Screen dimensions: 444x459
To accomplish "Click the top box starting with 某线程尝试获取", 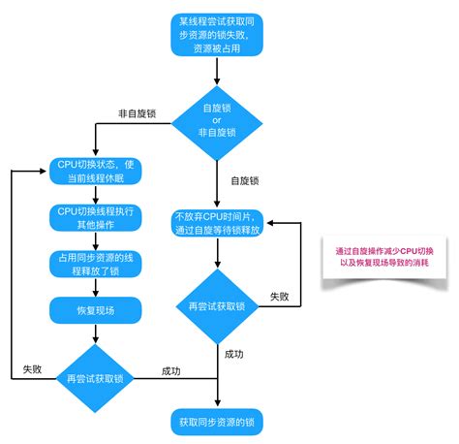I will (x=218, y=33).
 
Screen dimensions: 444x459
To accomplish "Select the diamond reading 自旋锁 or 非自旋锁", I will (x=218, y=119).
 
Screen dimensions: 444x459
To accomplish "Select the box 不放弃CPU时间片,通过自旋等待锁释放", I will (x=218, y=222).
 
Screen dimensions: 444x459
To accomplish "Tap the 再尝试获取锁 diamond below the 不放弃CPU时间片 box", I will (x=218, y=306).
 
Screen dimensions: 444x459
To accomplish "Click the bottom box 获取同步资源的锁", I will (x=218, y=422).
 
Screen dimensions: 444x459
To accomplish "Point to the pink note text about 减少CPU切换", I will (x=384, y=257).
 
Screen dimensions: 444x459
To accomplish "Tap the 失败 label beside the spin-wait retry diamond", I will (x=280, y=296).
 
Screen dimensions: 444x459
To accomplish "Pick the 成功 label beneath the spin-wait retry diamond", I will (x=233, y=354).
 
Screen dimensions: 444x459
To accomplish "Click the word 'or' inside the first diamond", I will (x=218, y=119).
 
